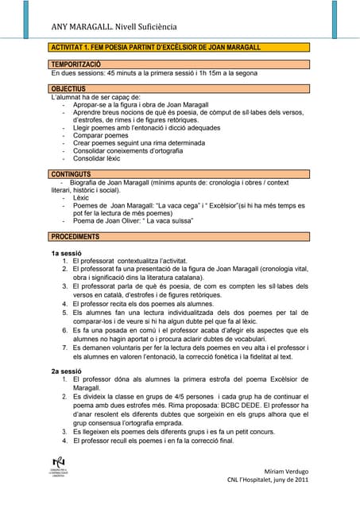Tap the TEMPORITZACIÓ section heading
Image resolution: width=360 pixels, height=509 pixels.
[x=75, y=63]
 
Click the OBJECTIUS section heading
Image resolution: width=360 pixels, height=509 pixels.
[x=68, y=88]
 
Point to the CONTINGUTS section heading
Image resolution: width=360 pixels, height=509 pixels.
[x=70, y=173]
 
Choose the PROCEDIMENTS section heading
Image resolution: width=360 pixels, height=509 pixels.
[x=75, y=236]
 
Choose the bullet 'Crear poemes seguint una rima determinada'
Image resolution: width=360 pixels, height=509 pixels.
[x=138, y=143]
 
